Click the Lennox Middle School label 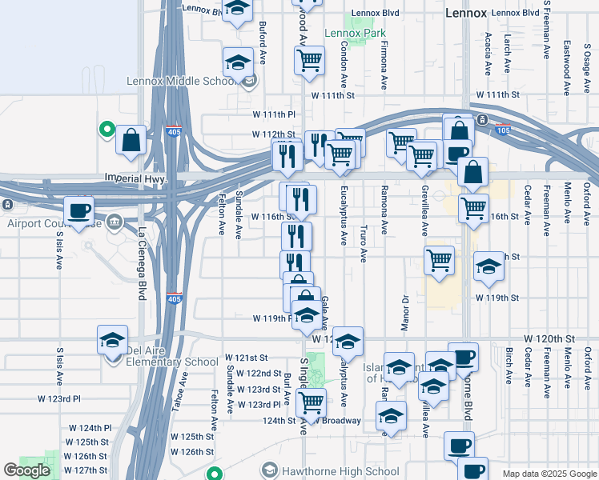(180, 81)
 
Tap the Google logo (26, 470)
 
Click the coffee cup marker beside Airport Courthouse (78, 211)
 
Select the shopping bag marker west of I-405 (131, 141)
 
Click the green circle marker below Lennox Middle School (106, 128)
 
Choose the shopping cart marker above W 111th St (309, 61)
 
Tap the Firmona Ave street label (384, 64)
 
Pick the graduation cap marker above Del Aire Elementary (112, 339)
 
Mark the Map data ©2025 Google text (549, 474)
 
